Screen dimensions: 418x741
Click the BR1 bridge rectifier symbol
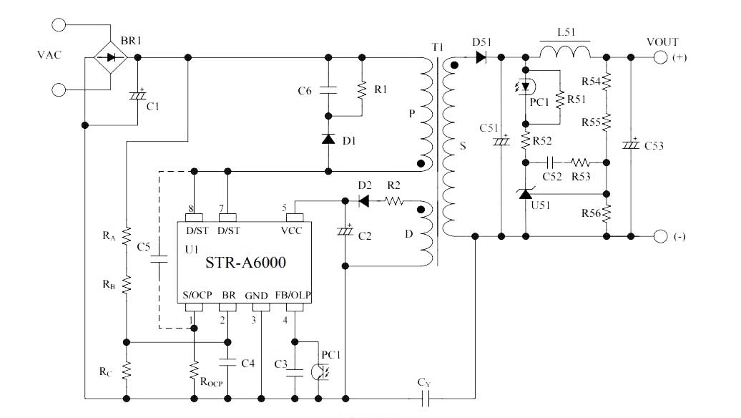[110, 57]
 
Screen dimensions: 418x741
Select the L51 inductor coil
[564, 52]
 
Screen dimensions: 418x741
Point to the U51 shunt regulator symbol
[526, 193]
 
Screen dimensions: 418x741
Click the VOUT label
[662, 42]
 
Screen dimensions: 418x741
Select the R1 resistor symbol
[362, 89]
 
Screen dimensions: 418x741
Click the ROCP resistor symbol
[193, 371]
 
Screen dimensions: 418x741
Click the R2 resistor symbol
[393, 202]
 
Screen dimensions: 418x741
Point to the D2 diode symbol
[363, 202]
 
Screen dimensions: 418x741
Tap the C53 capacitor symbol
[631, 145]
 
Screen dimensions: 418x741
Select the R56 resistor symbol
[607, 213]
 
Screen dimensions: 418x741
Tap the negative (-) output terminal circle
[660, 235]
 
